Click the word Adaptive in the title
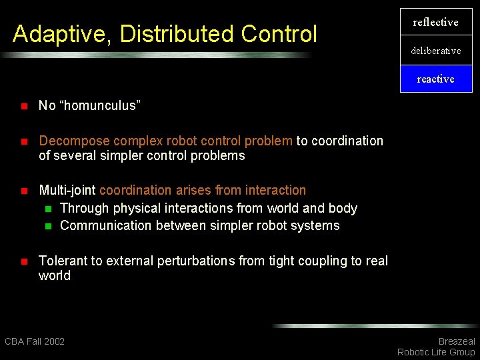pos(57,34)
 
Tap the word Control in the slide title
pos(279,34)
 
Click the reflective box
pos(435,23)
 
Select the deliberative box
pos(435,51)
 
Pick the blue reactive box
pos(435,79)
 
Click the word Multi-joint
pos(67,190)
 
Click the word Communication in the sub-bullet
pos(106,225)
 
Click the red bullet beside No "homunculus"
pos(23,106)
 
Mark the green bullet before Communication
pos(47,226)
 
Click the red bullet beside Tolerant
pos(23,261)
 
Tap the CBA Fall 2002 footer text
pos(35,341)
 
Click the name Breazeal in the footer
pos(456,341)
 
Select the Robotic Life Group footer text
pos(436,352)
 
